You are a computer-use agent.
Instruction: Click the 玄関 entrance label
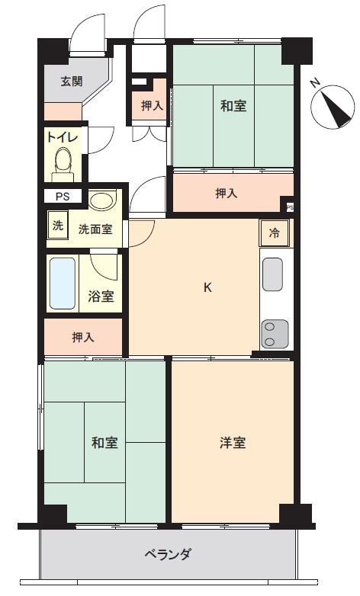72,82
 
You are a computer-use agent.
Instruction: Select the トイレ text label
62,138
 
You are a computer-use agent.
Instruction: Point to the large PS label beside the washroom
61,196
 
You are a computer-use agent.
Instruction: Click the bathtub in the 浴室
62,283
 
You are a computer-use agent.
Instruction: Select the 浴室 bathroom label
101,296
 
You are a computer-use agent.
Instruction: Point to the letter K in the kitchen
207,287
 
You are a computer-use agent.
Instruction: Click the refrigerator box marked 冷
274,233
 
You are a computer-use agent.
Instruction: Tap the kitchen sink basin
273,274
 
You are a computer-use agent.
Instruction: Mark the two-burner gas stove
272,332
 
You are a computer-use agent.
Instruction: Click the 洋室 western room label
233,442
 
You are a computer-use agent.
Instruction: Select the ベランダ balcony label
167,554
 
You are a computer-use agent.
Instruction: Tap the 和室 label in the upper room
233,106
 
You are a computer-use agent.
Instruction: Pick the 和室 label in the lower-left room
104,442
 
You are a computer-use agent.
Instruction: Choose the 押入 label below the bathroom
83,336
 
